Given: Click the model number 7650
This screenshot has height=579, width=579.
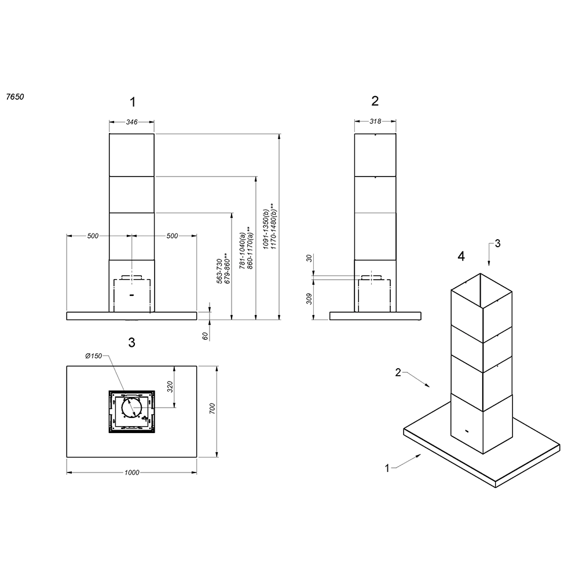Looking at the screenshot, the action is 15,97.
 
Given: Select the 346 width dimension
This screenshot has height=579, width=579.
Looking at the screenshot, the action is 132,122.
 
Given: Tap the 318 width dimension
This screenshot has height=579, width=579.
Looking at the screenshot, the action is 375,121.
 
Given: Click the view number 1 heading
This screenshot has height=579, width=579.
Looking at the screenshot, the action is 133,102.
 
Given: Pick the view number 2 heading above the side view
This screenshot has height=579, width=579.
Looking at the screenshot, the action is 375,101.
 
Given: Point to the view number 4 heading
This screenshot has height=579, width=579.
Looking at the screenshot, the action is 461,256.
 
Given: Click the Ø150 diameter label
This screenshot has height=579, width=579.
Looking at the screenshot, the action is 93,356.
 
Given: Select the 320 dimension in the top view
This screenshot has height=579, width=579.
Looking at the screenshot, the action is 170,387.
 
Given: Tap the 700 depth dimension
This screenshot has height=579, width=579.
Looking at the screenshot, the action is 212,408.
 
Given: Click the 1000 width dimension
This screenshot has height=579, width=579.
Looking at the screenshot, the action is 132,472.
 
